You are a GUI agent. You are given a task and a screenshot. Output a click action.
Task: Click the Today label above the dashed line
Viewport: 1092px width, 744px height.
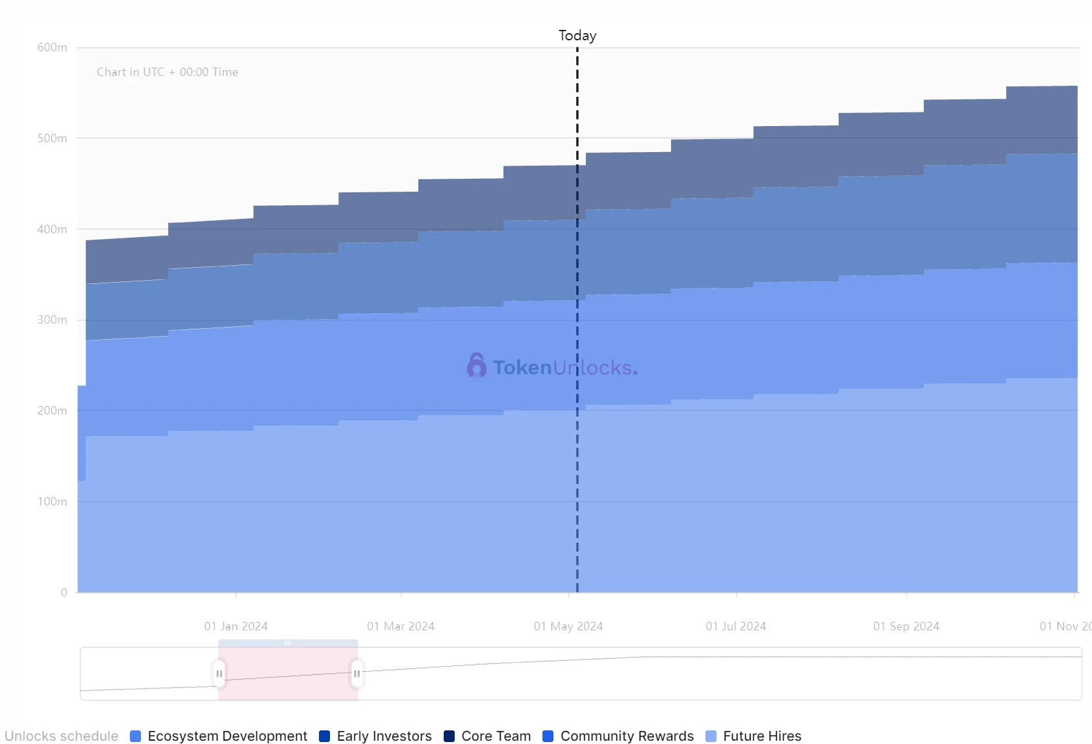577,36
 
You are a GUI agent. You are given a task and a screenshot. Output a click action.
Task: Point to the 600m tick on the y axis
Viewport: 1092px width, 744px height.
52,47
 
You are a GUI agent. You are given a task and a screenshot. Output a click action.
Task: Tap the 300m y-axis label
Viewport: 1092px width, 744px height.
52,320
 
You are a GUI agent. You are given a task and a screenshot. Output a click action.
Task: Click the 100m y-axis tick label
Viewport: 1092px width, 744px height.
52,502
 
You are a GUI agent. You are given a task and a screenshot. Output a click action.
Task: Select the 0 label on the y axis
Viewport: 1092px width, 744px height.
64,592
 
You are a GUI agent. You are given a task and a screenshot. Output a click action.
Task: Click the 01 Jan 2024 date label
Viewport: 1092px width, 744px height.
236,626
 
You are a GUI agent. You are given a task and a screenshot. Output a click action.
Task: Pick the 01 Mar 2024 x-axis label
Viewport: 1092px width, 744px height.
400,626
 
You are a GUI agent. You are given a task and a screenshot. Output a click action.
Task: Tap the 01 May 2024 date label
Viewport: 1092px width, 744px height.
568,626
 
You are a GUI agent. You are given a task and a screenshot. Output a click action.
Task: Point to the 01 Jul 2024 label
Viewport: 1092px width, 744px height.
735,626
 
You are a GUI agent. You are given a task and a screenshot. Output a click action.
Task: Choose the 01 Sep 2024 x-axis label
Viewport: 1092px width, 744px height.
906,626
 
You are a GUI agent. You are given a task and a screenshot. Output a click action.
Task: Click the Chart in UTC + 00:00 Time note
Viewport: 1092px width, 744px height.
168,72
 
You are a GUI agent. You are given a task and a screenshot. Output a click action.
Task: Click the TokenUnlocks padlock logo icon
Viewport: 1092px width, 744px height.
476,366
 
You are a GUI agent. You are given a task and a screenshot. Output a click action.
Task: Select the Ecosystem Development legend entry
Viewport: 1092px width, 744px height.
219,736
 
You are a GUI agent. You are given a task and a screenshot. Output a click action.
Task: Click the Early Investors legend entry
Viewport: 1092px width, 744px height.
375,736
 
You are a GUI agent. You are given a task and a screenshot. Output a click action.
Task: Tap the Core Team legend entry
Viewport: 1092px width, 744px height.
487,736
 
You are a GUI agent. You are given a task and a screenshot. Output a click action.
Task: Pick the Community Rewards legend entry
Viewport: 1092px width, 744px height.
618,736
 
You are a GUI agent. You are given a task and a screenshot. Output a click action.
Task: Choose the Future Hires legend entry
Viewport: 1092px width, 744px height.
753,736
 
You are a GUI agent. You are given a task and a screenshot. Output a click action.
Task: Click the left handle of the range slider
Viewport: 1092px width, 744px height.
219,674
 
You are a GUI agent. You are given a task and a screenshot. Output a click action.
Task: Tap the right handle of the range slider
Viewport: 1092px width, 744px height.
357,674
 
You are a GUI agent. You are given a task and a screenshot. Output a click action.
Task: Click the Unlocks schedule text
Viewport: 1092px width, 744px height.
62,736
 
